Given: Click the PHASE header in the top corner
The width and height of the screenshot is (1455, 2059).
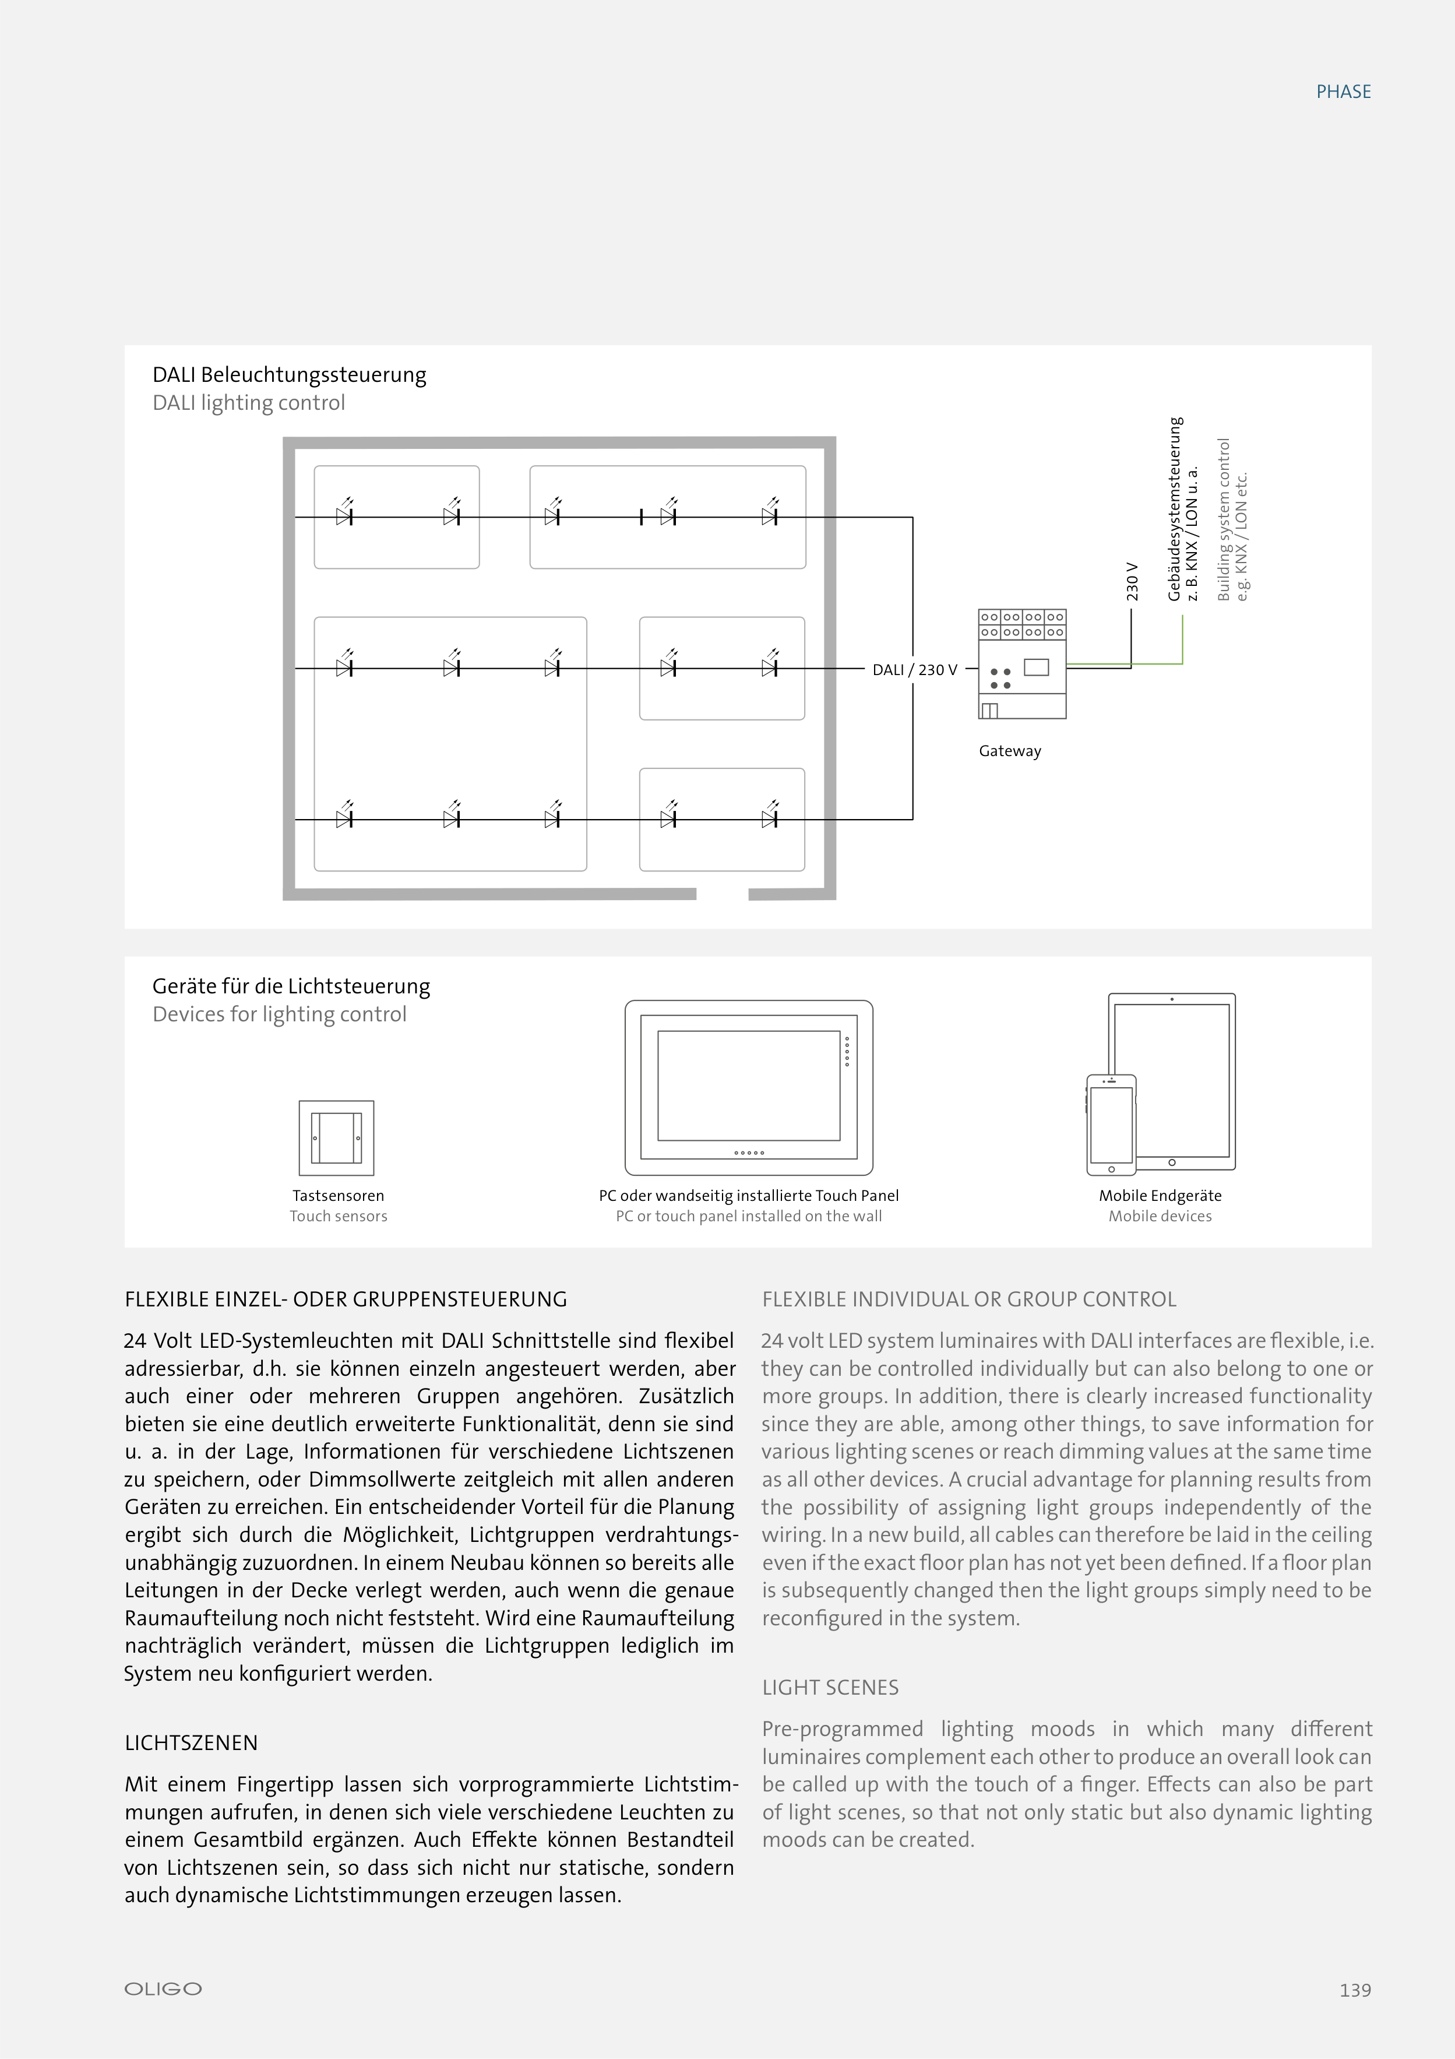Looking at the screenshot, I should click(1343, 92).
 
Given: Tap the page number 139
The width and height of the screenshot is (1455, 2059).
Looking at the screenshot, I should click(1355, 1990).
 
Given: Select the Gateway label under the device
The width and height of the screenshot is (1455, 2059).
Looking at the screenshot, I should click(1009, 751).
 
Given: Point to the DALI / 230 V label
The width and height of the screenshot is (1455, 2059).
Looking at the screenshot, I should click(914, 670).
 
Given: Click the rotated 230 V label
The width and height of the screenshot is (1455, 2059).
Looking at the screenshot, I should click(1132, 581).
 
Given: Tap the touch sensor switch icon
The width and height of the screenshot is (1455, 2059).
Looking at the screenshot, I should click(336, 1137).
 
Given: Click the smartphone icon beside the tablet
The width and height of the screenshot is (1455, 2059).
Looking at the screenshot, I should click(1111, 1125).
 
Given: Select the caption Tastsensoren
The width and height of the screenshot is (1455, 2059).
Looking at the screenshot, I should click(338, 1196).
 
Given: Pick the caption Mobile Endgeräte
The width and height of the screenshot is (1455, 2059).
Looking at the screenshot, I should click(1160, 1196).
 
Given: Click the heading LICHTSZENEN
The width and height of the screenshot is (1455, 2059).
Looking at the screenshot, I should click(191, 1742).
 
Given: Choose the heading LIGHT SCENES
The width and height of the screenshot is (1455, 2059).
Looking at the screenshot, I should click(830, 1687).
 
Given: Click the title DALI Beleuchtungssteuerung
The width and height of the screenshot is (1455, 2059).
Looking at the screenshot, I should click(288, 375).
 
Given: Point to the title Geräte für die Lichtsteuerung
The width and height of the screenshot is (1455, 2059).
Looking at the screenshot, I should click(290, 986).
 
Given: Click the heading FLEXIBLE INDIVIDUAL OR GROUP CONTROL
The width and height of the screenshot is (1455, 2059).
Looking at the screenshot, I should click(968, 1299).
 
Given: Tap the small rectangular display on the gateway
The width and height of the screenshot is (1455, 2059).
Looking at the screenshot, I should click(1037, 667).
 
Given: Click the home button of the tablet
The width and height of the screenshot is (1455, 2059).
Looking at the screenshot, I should click(1172, 1162).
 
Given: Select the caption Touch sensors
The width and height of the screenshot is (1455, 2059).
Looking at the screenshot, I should click(338, 1216).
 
